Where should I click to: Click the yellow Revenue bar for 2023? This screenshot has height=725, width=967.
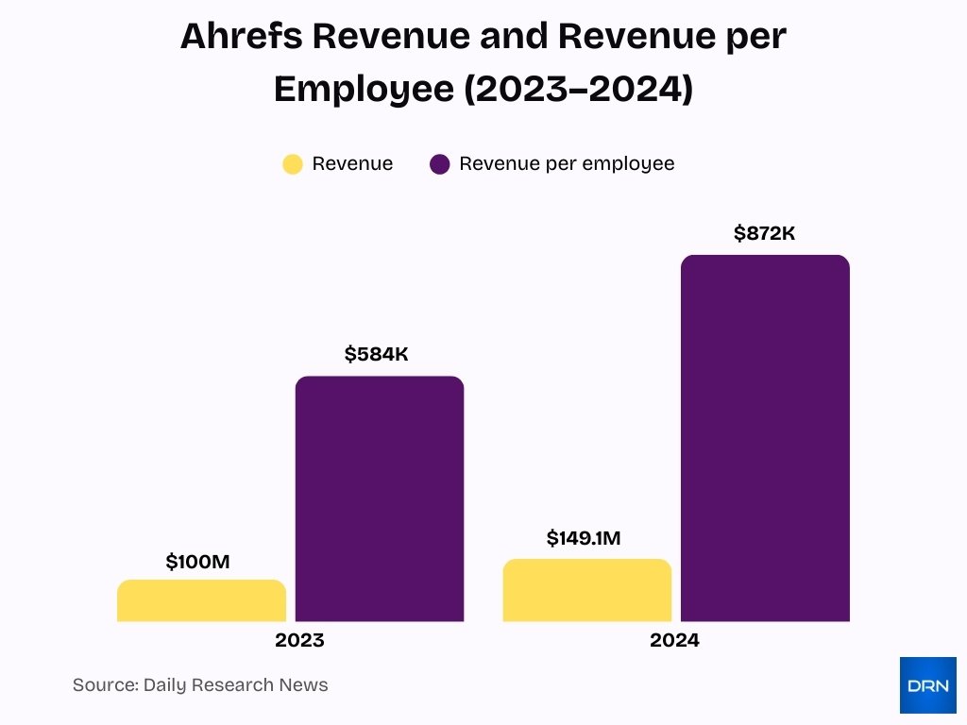[201, 600]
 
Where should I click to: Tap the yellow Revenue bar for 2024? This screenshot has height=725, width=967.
[586, 590]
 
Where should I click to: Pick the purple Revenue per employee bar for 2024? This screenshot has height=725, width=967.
[765, 438]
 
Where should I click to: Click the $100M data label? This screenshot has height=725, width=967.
[197, 563]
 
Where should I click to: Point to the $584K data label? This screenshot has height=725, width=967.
[376, 355]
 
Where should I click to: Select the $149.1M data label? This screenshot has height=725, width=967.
[583, 539]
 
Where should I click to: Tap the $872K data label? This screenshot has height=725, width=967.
[764, 234]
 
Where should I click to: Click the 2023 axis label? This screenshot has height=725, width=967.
[299, 641]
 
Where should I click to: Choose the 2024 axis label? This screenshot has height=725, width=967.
[674, 641]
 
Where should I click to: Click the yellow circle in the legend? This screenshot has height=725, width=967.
[293, 164]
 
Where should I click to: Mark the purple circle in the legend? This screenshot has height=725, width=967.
[439, 164]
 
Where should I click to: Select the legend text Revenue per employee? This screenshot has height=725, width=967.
[567, 164]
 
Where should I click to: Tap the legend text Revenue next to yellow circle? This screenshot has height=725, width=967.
[352, 164]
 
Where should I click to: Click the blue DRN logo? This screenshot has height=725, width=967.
[927, 685]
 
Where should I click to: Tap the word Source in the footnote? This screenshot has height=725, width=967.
[104, 685]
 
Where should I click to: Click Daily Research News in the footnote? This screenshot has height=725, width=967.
[235, 685]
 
